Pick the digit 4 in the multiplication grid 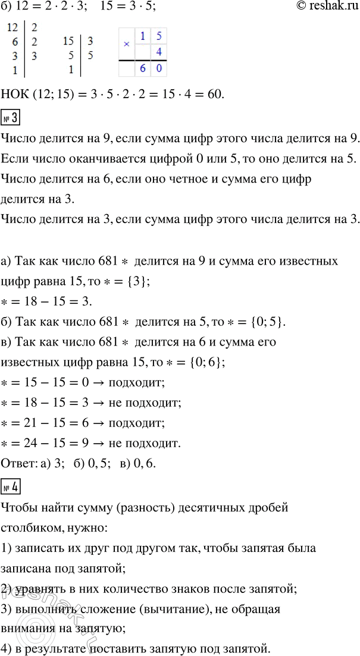[158, 53]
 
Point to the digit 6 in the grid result [142, 70]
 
